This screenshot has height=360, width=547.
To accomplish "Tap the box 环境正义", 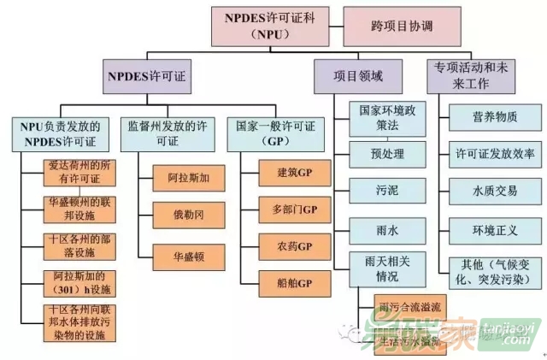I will (483, 229).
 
